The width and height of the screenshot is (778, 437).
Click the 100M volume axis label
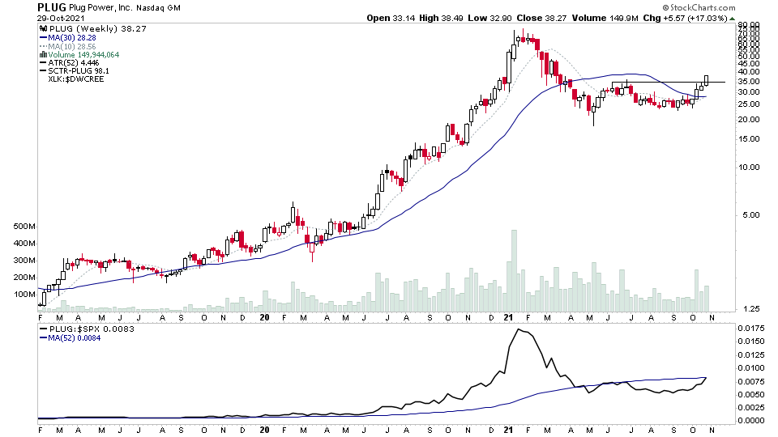24,294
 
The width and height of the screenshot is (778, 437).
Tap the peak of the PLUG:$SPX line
520,330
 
